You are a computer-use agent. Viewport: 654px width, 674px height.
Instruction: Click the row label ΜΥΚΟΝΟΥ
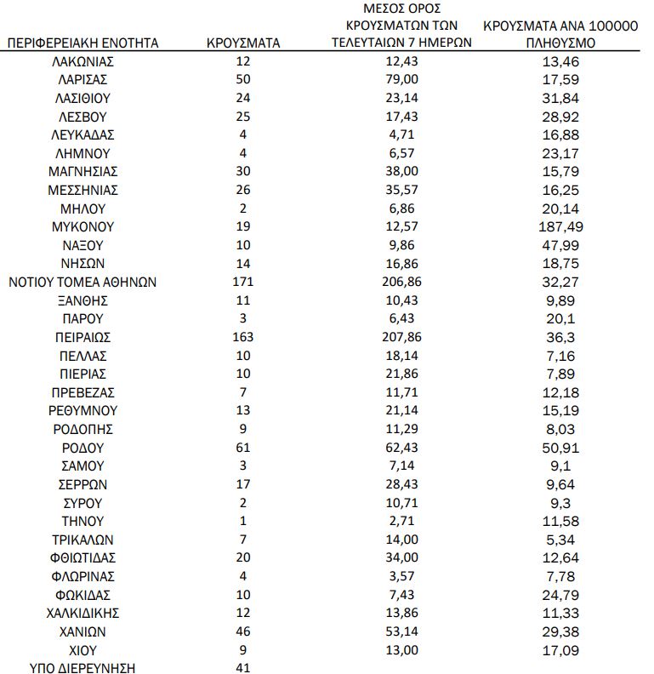pos(82,226)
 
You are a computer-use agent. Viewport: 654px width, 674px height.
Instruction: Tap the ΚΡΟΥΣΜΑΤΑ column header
pos(243,43)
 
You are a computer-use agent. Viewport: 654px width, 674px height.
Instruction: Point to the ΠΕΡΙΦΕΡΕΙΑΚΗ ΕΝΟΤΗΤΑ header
pos(82,43)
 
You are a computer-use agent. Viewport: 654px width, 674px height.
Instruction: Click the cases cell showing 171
pos(243,282)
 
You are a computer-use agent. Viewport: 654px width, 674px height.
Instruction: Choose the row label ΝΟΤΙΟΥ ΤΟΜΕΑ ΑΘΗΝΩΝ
pos(82,282)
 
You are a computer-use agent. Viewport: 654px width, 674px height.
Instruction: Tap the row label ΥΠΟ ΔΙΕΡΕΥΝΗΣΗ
pos(82,668)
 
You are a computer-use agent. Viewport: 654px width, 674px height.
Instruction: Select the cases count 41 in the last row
pos(243,668)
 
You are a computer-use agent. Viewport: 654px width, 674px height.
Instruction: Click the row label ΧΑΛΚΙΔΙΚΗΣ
pos(82,613)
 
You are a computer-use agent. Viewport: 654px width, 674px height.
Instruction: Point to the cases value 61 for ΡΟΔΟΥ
pos(243,448)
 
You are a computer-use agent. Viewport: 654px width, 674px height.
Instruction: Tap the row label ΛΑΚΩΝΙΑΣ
pos(82,61)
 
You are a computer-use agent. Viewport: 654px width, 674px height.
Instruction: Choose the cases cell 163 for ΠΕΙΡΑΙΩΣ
pos(243,337)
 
